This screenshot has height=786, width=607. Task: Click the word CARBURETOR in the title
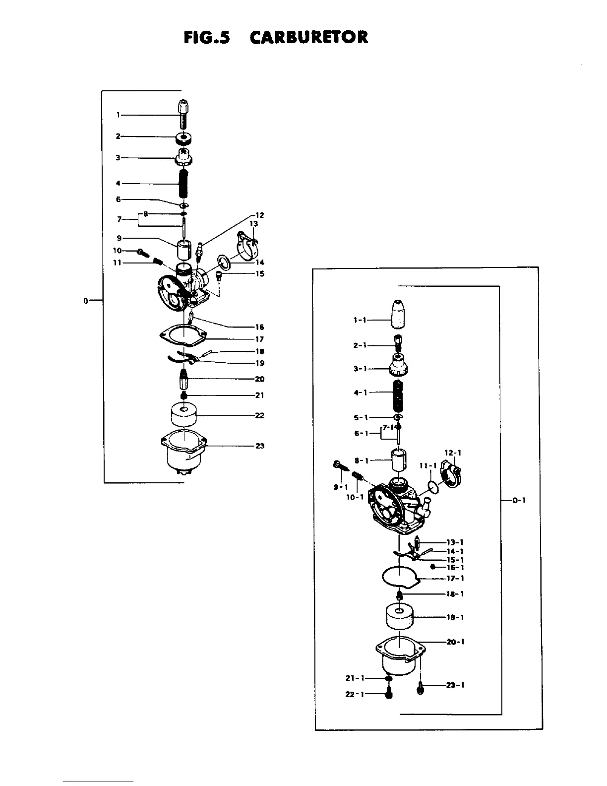click(x=309, y=37)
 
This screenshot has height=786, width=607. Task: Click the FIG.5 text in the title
click(x=206, y=37)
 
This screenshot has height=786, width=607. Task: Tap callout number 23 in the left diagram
click(x=259, y=446)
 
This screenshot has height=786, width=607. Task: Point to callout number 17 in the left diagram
click(x=259, y=339)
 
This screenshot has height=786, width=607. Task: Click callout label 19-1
click(x=455, y=617)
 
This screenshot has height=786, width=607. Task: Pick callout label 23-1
click(x=455, y=685)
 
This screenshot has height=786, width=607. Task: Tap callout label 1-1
click(x=360, y=320)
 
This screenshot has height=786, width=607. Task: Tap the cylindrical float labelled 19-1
click(x=400, y=617)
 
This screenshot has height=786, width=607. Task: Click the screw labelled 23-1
click(x=421, y=689)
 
